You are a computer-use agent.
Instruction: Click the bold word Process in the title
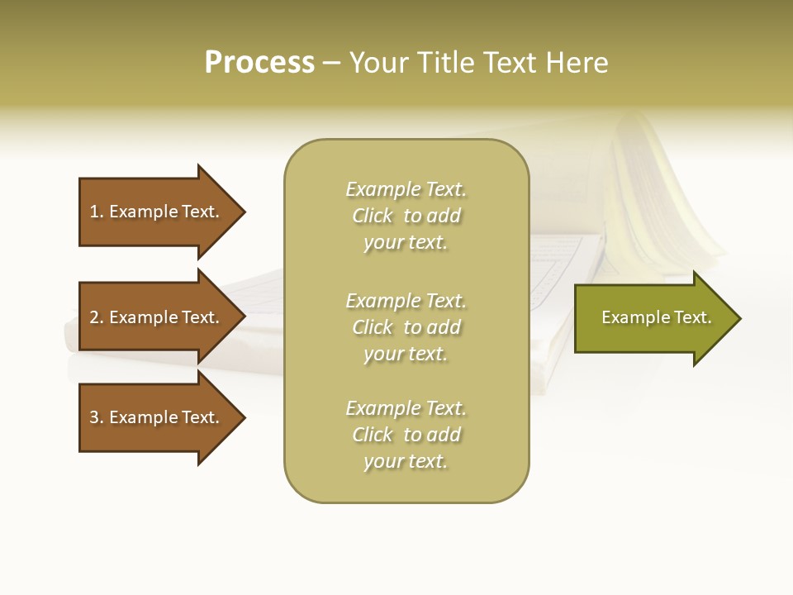[259, 63]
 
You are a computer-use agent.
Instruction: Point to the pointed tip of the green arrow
[738, 318]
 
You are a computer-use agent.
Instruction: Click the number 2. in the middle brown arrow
[97, 317]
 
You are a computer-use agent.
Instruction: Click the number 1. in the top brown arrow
[97, 212]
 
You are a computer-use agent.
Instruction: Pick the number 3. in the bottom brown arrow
[97, 417]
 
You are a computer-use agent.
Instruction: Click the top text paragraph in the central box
[406, 216]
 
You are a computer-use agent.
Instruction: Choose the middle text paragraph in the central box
[406, 327]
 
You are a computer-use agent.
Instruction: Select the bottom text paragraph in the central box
[406, 435]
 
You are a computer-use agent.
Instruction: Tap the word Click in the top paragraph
[373, 217]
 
